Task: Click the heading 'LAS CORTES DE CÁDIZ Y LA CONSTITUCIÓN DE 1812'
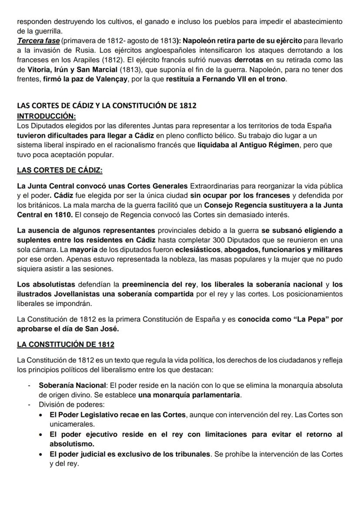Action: (x=107, y=106)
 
